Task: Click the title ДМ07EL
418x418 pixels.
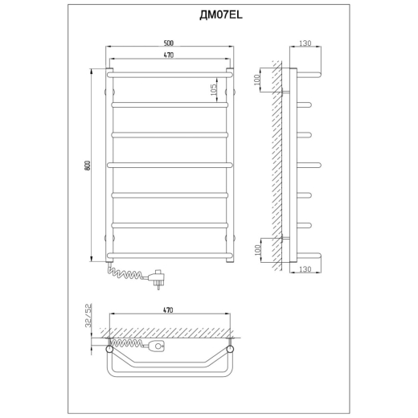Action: pos(221,15)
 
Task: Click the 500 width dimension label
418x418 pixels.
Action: pos(169,43)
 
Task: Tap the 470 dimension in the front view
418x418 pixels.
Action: pos(169,55)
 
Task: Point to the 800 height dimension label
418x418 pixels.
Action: pos(88,165)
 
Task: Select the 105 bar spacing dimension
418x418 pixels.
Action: pos(213,90)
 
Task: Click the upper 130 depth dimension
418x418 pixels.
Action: pos(305,43)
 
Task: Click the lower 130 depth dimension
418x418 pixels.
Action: pos(305,269)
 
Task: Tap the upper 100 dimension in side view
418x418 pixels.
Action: pos(256,80)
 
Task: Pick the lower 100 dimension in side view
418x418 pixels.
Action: pos(257,250)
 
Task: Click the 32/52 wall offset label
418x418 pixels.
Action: pos(88,315)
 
